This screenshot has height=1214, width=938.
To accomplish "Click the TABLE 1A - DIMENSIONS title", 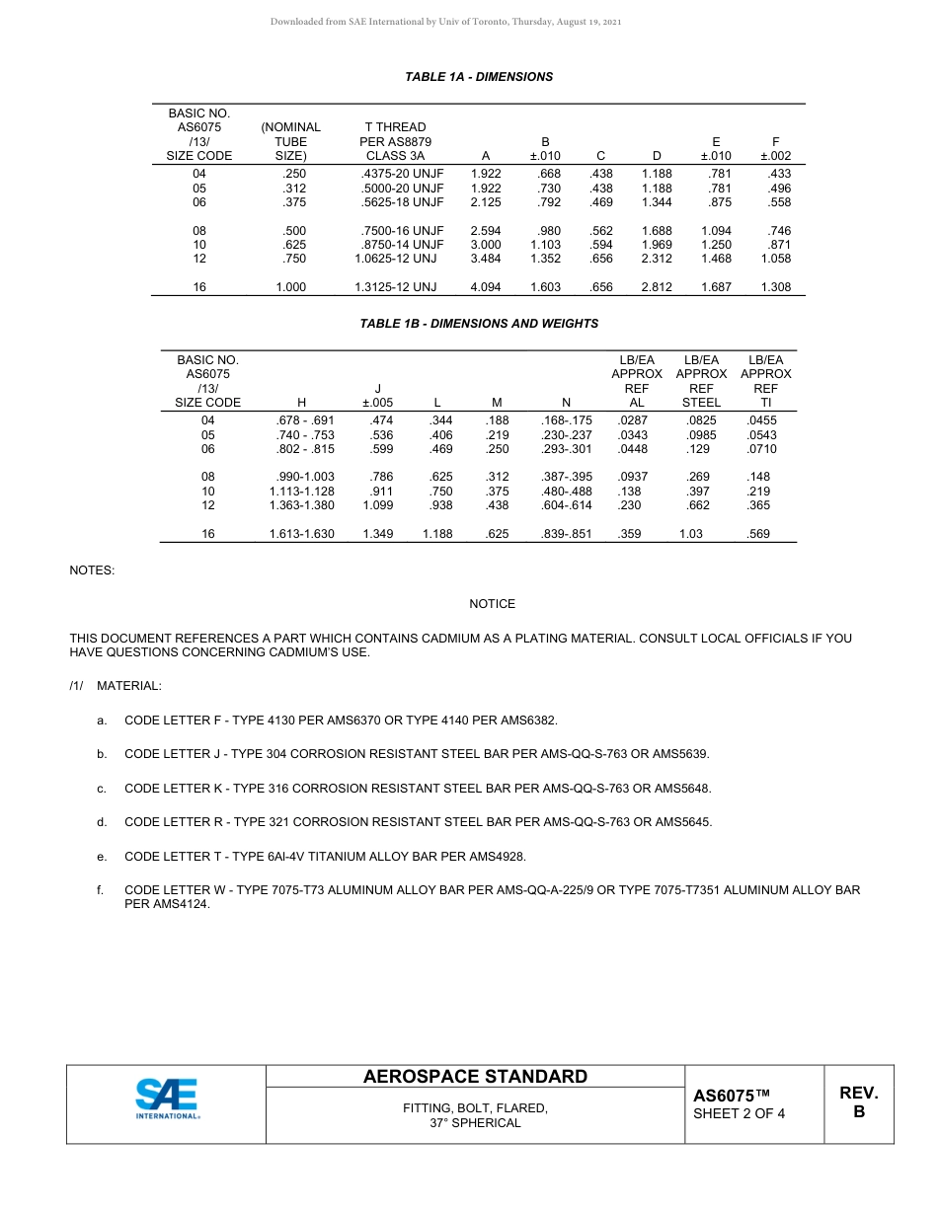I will click(479, 77).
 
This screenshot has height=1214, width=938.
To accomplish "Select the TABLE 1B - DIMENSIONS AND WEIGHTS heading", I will click(479, 324).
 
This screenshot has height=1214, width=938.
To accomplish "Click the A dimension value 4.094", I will click(486, 287).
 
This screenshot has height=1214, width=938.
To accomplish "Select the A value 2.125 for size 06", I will click(486, 202).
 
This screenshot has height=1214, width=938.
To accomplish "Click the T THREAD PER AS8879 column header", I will click(395, 141).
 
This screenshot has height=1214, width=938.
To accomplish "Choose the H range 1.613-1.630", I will click(301, 534).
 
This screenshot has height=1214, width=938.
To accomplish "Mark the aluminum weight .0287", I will click(633, 420).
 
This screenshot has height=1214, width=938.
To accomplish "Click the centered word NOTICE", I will click(492, 604).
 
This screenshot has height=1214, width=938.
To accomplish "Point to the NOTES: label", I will click(92, 570).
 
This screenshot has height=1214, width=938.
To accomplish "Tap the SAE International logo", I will click(167, 1100).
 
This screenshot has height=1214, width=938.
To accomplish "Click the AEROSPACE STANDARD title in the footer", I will click(475, 1077).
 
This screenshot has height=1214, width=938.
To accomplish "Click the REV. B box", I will click(858, 1102).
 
